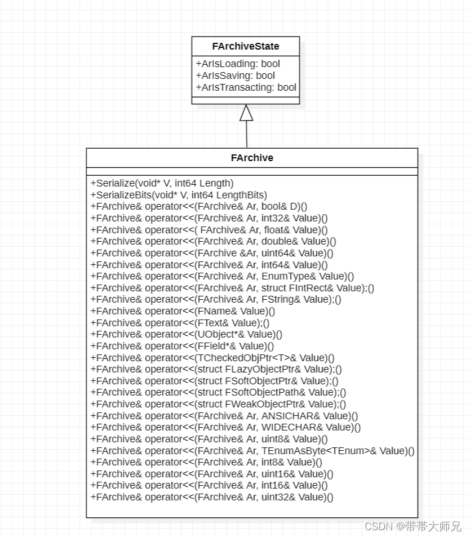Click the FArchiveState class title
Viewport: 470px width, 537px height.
[245, 46]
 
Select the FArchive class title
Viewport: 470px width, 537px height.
[252, 158]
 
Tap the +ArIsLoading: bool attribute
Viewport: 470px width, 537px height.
[238, 64]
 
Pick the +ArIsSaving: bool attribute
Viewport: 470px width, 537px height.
[235, 76]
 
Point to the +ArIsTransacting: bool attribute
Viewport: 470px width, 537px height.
[246, 87]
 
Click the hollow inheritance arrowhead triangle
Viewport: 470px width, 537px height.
[246, 113]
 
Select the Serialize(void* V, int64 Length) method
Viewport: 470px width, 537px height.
[162, 183]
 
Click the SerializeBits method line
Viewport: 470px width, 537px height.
[179, 195]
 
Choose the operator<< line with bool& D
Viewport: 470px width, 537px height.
[199, 206]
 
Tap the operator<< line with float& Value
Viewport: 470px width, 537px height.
[209, 230]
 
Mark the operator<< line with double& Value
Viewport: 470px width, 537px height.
[213, 241]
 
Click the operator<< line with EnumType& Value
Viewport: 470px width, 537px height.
[222, 276]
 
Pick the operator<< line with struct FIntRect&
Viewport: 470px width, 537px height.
[232, 288]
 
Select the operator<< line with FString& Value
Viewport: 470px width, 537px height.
[216, 300]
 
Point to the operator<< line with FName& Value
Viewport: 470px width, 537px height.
[183, 311]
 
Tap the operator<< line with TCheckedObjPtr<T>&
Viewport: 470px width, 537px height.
[212, 358]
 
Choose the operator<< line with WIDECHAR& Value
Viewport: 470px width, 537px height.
[225, 428]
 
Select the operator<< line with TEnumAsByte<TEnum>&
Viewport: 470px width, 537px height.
[252, 451]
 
